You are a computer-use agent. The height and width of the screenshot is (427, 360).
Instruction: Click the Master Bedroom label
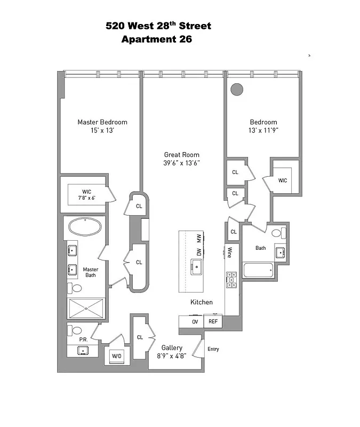[102, 122]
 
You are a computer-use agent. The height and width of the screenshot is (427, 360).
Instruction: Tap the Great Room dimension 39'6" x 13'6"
[182, 163]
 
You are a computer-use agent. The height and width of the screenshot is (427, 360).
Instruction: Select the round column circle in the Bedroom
[236, 89]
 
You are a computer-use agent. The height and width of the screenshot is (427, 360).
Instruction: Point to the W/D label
[116, 357]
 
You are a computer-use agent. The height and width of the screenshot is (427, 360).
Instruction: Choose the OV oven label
[195, 322]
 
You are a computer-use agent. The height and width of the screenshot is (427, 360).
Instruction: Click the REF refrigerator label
[213, 322]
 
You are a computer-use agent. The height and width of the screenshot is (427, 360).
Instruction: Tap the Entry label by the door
[213, 350]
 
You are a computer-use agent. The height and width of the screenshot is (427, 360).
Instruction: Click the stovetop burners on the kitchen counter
[231, 280]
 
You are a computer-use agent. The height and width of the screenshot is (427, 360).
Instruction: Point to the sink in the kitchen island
[196, 265]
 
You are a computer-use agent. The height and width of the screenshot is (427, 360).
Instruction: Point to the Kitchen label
[202, 302]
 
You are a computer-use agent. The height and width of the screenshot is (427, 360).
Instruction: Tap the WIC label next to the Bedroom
[282, 180]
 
